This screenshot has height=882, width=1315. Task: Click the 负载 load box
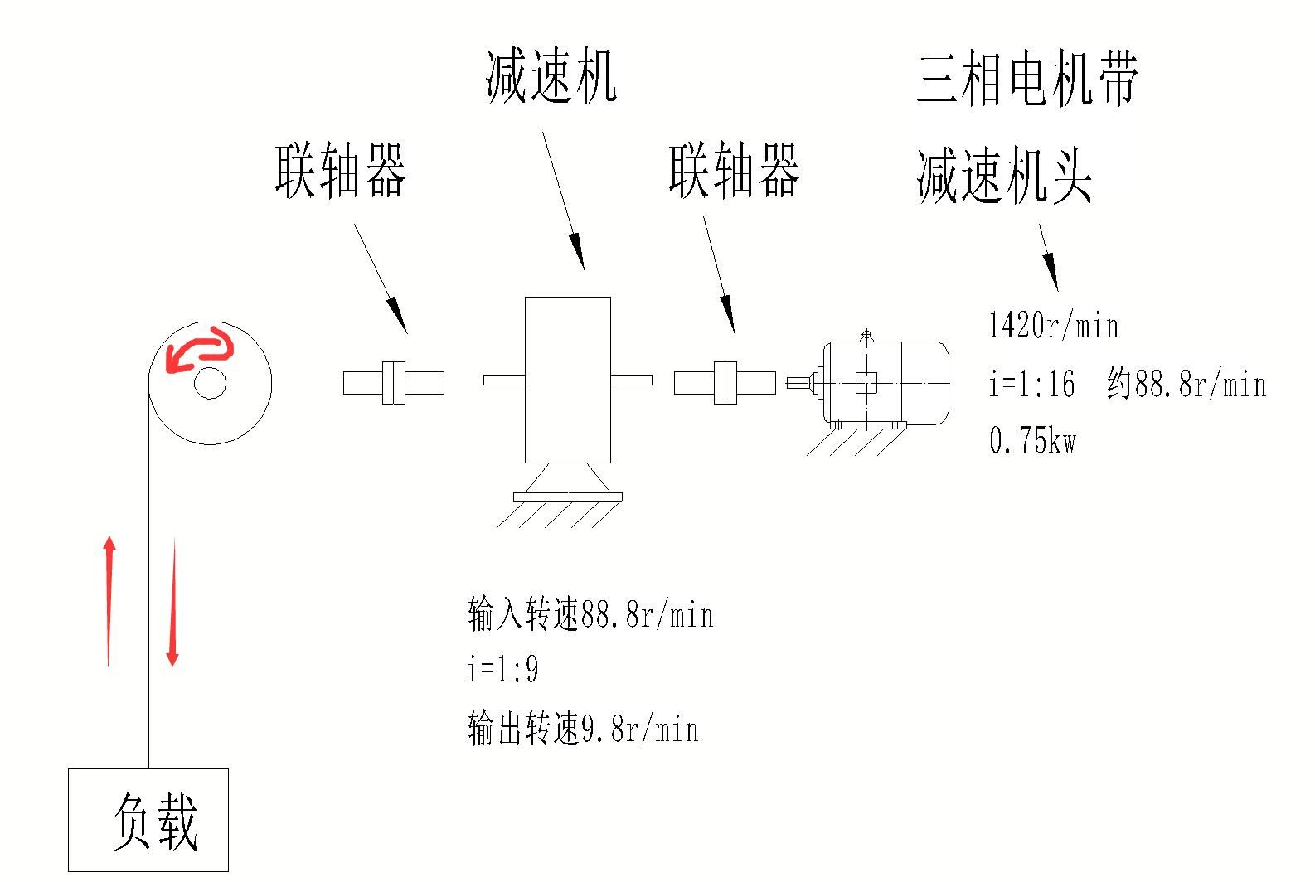148,820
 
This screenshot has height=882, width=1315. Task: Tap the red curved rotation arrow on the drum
199,348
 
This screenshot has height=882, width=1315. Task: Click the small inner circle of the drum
211,383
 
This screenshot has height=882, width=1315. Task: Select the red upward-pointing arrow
109,601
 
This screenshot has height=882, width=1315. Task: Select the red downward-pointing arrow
173,601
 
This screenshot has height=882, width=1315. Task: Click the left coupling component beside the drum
394,382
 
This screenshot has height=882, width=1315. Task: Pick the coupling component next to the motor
725,382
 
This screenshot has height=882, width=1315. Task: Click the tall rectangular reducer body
568,380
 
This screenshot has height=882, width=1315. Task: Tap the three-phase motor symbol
883,383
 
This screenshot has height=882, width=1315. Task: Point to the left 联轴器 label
341,171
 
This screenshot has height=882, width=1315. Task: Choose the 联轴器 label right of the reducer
735,171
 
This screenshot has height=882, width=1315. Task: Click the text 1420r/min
1054,326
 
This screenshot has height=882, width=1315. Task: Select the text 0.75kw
1033,440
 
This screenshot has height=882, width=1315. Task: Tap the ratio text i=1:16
1032,384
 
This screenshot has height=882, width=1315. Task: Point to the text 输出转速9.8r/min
584,729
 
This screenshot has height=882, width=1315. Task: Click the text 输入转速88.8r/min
590,615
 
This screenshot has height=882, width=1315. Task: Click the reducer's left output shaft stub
504,380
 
